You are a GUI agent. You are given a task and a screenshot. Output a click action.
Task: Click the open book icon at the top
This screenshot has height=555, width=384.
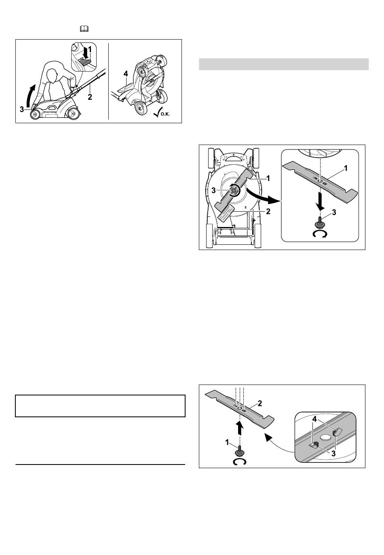pyautogui.click(x=84, y=29)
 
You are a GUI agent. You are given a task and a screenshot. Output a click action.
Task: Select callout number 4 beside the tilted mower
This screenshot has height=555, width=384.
pyautogui.click(x=126, y=74)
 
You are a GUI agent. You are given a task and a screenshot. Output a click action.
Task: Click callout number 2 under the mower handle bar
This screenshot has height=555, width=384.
pyautogui.click(x=90, y=97)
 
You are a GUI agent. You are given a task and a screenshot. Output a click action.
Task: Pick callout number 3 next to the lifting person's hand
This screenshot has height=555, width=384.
pyautogui.click(x=22, y=109)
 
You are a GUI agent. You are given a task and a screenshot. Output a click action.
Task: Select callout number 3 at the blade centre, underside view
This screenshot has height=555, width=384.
pyautogui.click(x=214, y=191)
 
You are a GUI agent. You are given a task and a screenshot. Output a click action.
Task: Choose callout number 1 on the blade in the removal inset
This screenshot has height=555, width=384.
pyautogui.click(x=345, y=168)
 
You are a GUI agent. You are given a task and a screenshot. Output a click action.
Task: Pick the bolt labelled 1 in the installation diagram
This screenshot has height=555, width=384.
pyautogui.click(x=240, y=452)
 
